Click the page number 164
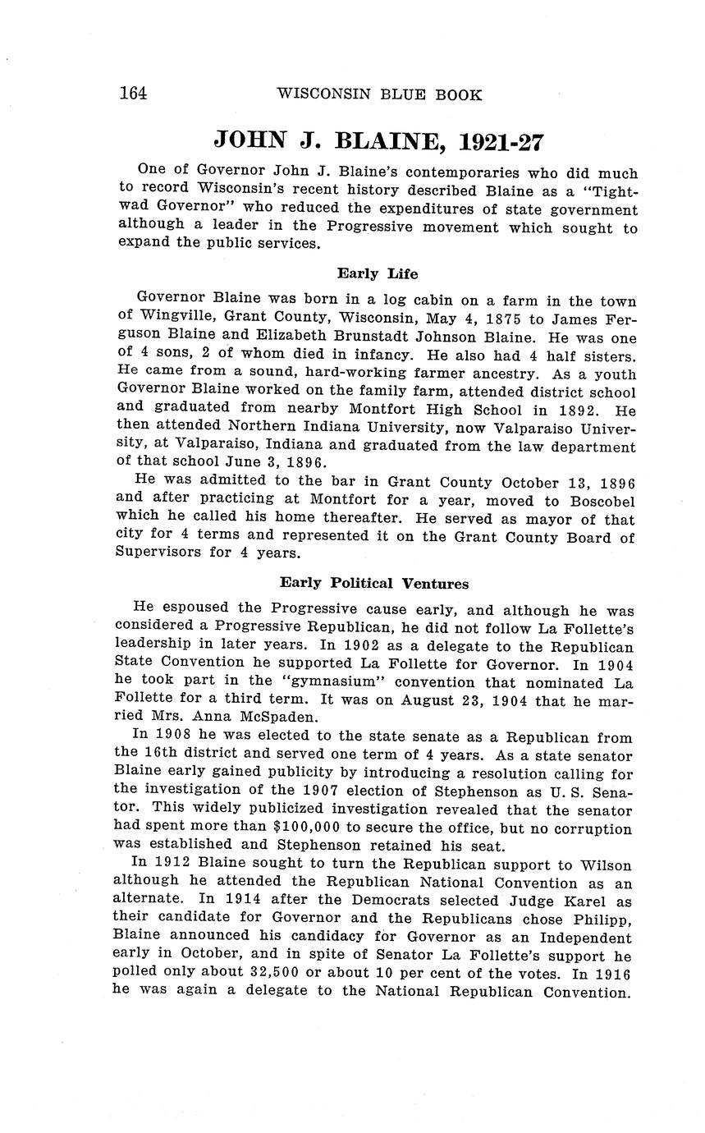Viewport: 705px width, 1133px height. (x=133, y=94)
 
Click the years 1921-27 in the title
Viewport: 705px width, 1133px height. (x=501, y=142)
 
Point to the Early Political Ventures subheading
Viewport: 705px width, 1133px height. (x=374, y=584)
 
